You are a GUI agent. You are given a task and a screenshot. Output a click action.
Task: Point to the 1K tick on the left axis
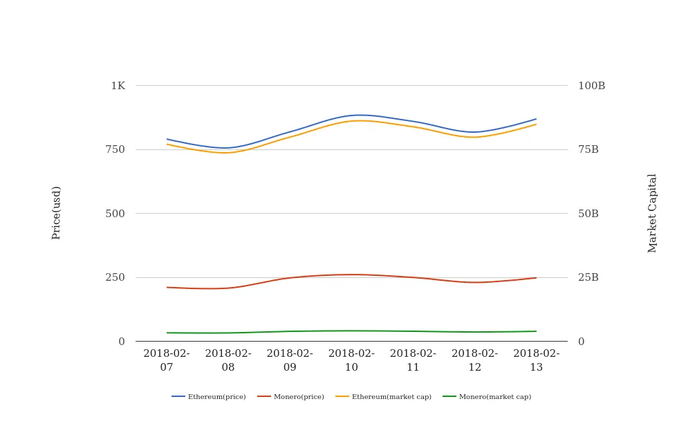(x=118, y=86)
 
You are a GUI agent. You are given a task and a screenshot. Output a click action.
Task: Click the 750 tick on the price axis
(x=115, y=149)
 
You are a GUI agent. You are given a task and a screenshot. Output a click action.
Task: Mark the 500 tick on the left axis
(x=115, y=214)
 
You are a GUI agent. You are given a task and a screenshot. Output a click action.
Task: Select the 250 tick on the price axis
(x=115, y=277)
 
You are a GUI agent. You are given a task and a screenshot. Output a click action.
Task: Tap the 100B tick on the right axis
(x=591, y=86)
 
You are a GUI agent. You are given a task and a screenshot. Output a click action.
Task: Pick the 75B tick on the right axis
(x=588, y=149)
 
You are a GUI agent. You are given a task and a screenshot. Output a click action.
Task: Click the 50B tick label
(x=588, y=214)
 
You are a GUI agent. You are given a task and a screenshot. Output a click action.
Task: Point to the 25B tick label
(x=588, y=277)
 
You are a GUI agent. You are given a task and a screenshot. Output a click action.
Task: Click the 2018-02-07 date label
(x=167, y=360)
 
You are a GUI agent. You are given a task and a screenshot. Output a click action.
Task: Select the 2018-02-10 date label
(x=351, y=360)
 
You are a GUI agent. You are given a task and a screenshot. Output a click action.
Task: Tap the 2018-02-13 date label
(x=537, y=360)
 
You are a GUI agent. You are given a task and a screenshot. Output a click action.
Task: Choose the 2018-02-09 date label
(x=290, y=360)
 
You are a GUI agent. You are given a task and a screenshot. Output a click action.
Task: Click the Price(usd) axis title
(x=57, y=213)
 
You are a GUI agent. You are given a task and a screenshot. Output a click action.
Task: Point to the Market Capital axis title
(x=653, y=213)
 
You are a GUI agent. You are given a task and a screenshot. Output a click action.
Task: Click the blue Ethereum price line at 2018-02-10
(x=351, y=115)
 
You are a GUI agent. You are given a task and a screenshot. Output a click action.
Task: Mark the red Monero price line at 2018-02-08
(x=228, y=288)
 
